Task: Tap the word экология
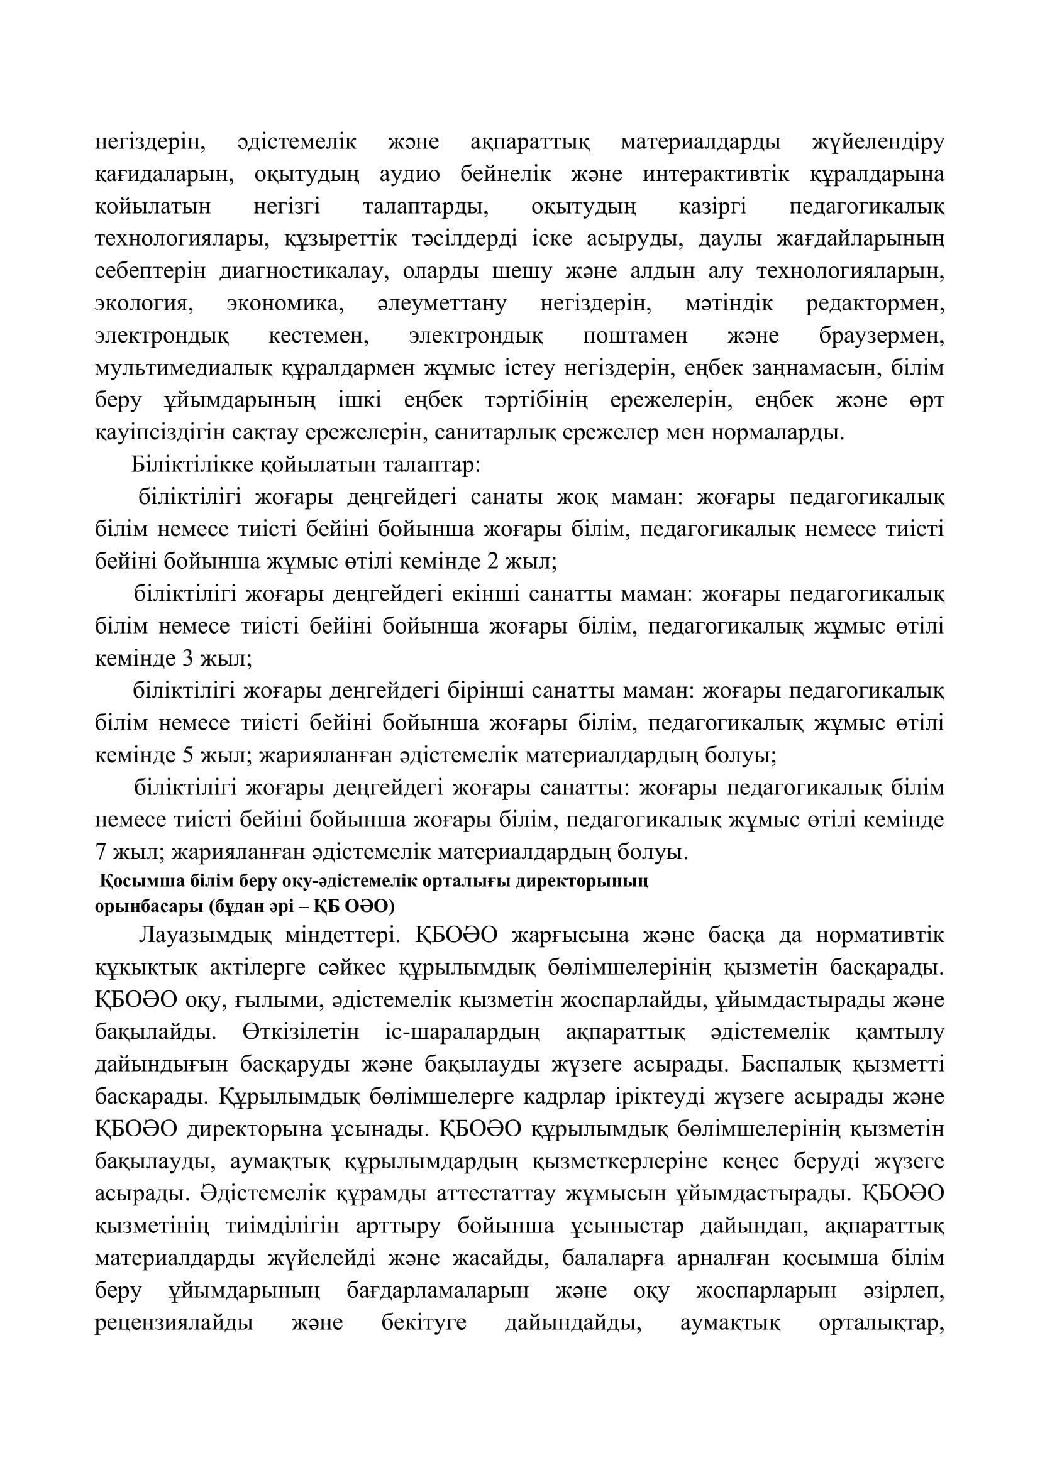(144, 303)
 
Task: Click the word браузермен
(881, 336)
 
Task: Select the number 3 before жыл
(188, 658)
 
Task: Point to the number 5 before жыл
(188, 755)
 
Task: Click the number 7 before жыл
(100, 852)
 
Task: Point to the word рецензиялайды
(174, 1323)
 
